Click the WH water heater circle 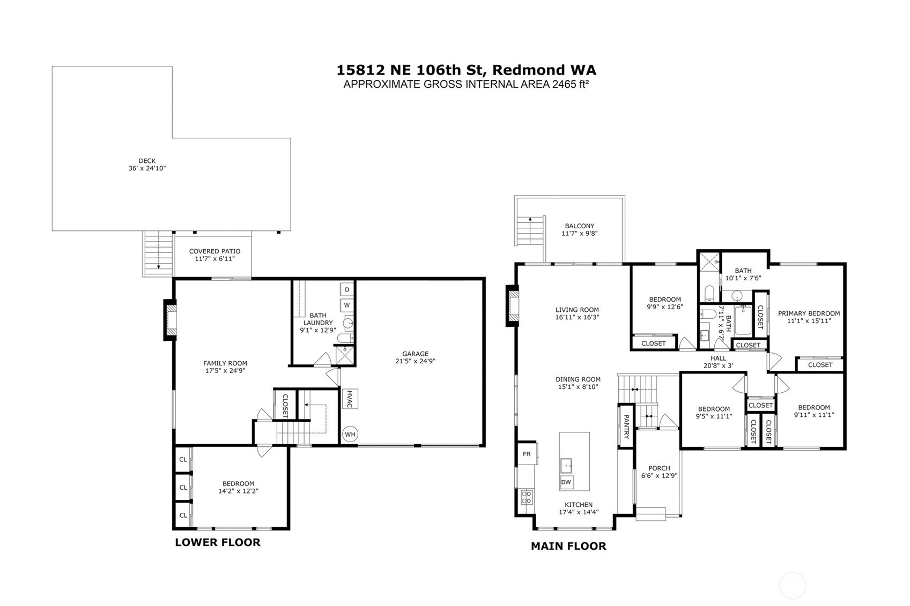[350, 434]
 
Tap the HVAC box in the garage [350, 399]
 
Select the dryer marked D [347, 289]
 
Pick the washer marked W [347, 305]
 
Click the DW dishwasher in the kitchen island [566, 482]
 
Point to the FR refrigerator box [527, 454]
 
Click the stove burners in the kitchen [527, 497]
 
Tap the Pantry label [626, 427]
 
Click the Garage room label [415, 354]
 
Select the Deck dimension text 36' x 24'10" [147, 168]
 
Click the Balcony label [579, 226]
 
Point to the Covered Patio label [214, 251]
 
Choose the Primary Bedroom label [809, 313]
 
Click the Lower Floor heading [218, 542]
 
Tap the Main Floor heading [568, 546]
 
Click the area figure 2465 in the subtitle [564, 84]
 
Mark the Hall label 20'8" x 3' [718, 365]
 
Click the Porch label [659, 468]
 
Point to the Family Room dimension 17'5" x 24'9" [225, 370]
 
